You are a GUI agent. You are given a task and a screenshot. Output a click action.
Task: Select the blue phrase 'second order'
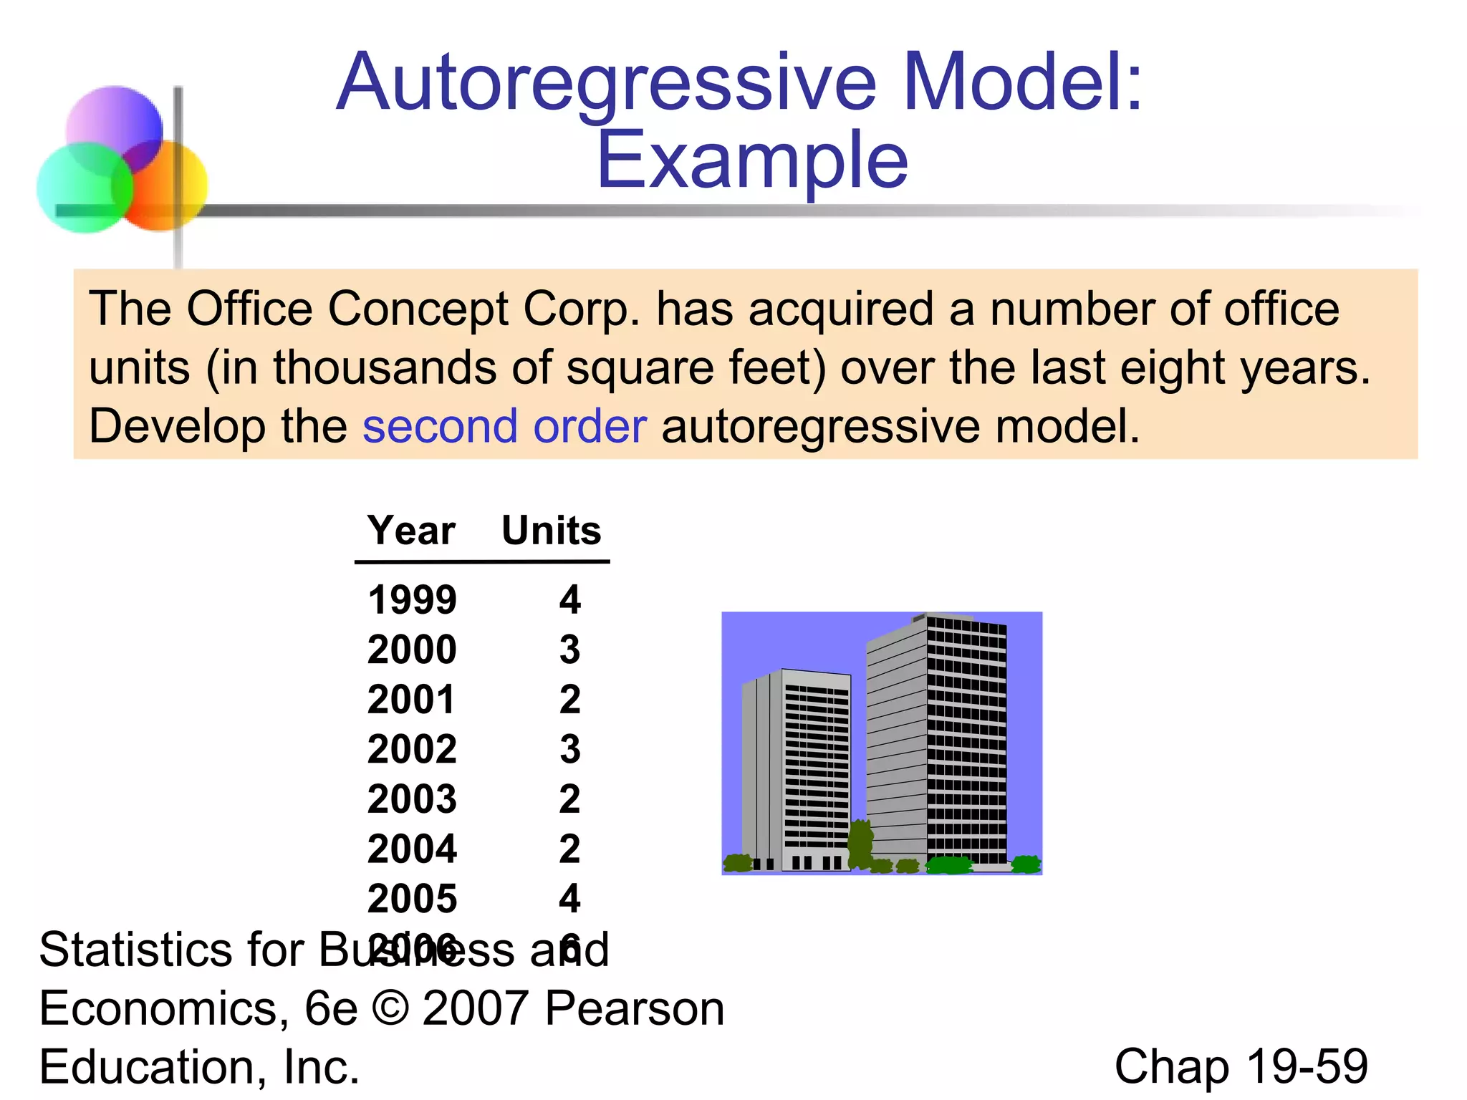[x=504, y=426]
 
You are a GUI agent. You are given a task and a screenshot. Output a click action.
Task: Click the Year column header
[x=411, y=531]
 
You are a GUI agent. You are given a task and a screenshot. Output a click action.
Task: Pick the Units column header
[x=551, y=531]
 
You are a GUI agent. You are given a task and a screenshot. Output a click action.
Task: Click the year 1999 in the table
[x=412, y=599]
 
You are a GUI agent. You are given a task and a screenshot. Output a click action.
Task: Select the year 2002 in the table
[x=412, y=749]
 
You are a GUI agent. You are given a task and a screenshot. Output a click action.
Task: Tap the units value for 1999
[x=569, y=599]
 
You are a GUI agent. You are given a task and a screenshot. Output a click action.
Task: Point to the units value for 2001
[x=569, y=699]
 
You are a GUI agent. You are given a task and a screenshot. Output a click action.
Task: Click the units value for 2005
[x=569, y=898]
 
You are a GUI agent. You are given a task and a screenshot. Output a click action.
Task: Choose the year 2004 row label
[x=412, y=849]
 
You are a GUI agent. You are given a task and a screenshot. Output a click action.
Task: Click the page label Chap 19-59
[x=1241, y=1066]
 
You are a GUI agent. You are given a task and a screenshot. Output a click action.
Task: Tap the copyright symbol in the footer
[x=390, y=1008]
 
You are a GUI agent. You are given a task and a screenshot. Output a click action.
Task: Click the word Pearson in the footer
[x=634, y=1008]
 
